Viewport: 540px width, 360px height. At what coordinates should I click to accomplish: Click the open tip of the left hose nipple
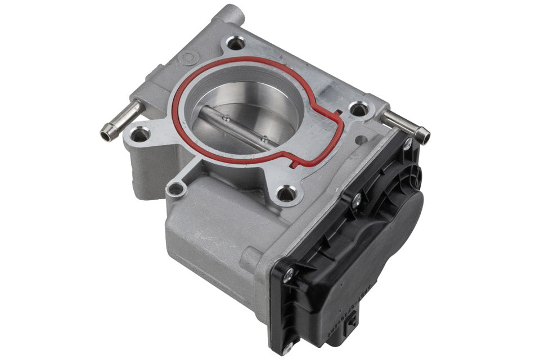pyautogui.click(x=105, y=134)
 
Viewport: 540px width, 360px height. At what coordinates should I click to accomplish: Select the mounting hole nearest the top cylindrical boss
pyautogui.click(x=235, y=43)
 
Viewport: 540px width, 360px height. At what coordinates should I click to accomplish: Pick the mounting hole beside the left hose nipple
pyautogui.click(x=139, y=135)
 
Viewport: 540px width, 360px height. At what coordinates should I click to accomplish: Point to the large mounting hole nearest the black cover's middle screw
pyautogui.click(x=287, y=194)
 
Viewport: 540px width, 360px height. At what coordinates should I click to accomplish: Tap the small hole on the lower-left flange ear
pyautogui.click(x=176, y=189)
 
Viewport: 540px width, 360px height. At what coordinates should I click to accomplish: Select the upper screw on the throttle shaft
pyautogui.click(x=226, y=118)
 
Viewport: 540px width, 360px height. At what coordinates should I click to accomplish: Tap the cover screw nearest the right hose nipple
pyautogui.click(x=407, y=144)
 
